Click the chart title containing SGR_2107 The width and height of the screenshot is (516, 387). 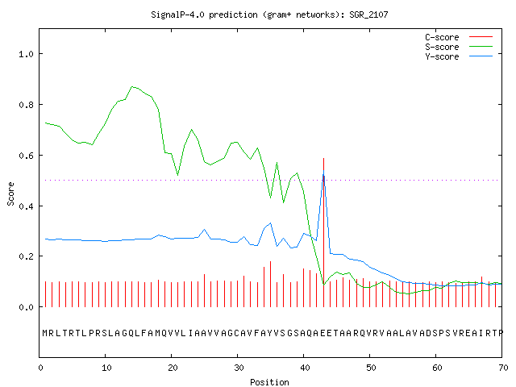tap(269, 15)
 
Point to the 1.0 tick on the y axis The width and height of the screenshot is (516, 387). tap(26, 54)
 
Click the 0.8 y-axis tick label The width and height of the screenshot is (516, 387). tap(26, 105)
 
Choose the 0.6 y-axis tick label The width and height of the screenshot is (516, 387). tap(26, 156)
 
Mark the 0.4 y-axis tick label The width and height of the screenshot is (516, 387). tap(26, 206)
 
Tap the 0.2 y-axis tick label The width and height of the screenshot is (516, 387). tap(26, 256)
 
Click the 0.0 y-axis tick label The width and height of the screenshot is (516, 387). tap(26, 307)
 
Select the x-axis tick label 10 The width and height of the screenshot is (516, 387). tap(106, 368)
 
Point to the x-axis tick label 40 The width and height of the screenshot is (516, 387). tap(305, 368)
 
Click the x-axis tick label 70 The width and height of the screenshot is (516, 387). tap(503, 368)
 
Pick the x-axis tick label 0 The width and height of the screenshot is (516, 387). tap(40, 368)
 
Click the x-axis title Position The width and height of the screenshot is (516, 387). tap(269, 382)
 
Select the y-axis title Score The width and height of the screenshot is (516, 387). tap(10, 193)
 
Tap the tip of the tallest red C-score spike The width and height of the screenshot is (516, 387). tap(324, 158)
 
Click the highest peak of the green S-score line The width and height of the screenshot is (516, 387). tap(132, 86)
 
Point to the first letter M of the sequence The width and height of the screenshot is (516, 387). tap(45, 333)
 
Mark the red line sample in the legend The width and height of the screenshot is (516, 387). tap(481, 37)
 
